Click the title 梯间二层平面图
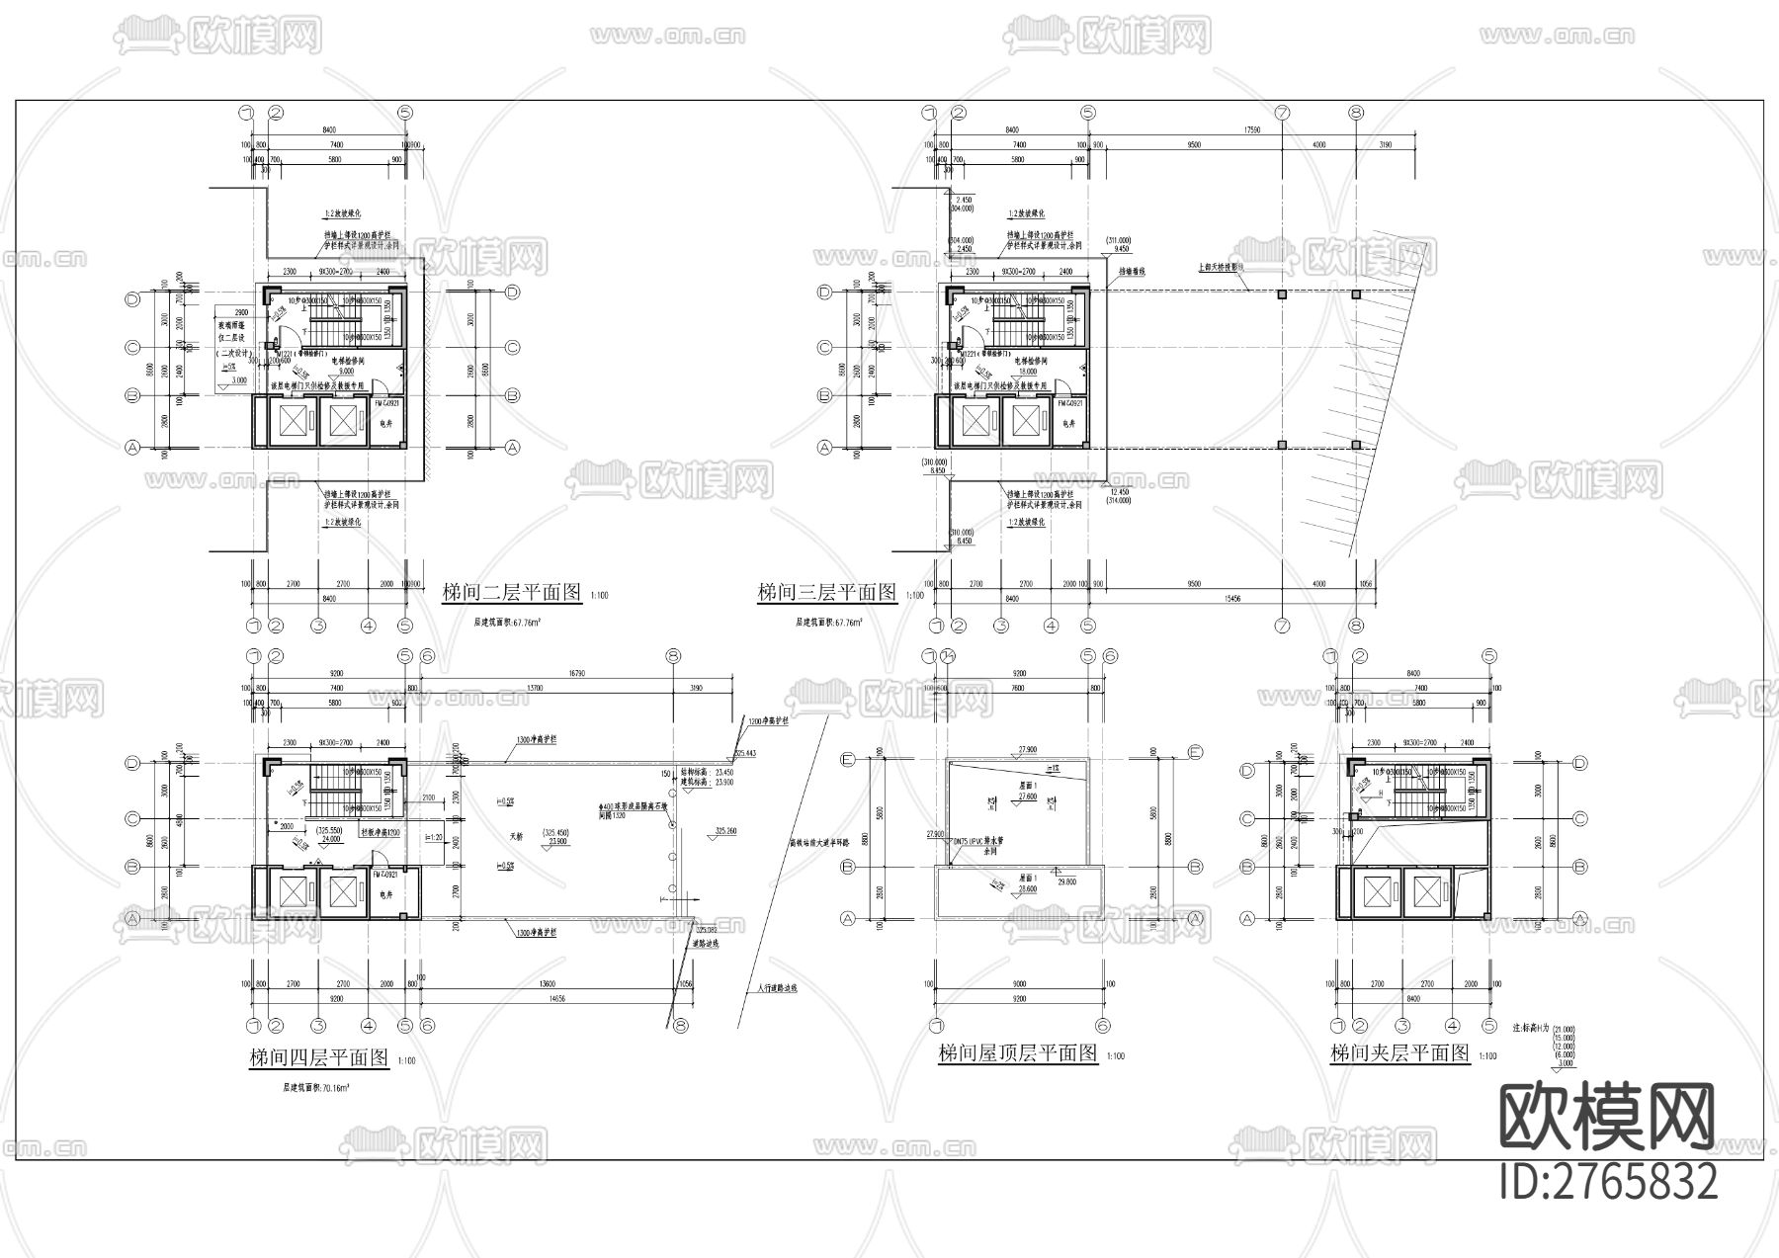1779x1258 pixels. click(x=511, y=593)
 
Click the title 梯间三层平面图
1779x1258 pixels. click(x=826, y=593)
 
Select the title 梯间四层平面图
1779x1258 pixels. click(x=318, y=1057)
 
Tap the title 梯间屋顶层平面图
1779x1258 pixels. click(x=1018, y=1053)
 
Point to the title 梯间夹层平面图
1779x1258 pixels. click(x=1399, y=1053)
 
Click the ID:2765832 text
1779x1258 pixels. click(x=1608, y=1182)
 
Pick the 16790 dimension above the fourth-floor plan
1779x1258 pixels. click(x=576, y=673)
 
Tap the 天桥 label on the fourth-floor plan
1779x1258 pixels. click(x=515, y=836)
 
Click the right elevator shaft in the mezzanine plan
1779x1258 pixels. click(x=1426, y=892)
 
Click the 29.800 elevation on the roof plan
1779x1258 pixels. click(x=1066, y=881)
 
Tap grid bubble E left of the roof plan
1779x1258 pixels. click(x=847, y=760)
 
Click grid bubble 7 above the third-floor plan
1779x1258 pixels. click(x=1282, y=114)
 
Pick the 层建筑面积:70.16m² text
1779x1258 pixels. click(x=316, y=1086)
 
